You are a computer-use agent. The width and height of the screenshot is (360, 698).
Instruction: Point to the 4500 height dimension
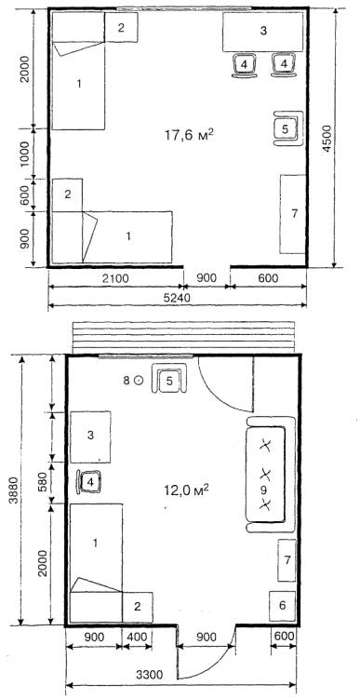327,139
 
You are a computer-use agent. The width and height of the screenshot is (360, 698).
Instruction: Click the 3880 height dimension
13,490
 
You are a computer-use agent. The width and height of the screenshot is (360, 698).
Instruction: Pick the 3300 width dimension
149,675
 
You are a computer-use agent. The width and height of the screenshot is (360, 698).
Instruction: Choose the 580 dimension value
43,482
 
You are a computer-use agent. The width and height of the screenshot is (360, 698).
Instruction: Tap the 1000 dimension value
25,154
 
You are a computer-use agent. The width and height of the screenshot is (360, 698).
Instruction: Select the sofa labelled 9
272,475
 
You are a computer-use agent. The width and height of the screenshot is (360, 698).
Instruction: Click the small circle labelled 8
139,380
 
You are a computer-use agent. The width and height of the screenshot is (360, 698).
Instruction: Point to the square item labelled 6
282,606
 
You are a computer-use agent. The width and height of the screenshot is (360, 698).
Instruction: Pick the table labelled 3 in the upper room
263,32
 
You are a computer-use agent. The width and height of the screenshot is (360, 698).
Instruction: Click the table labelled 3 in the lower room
90,437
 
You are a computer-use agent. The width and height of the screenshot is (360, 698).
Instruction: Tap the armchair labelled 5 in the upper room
287,128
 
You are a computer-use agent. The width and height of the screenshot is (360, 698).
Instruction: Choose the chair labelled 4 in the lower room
90,482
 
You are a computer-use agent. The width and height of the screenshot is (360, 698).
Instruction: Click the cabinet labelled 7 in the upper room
292,214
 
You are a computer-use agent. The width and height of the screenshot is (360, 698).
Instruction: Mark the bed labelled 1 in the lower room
96,563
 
